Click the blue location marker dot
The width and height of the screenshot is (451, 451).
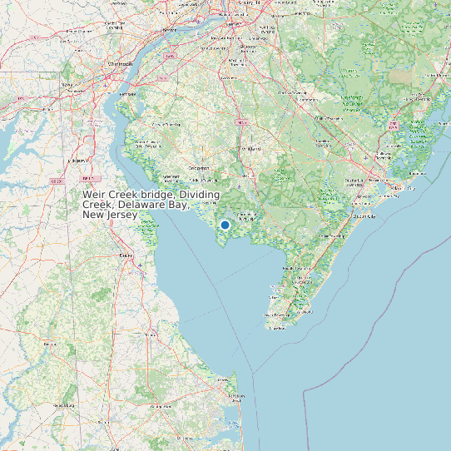point(225,225)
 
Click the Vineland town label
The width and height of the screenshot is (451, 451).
point(250,149)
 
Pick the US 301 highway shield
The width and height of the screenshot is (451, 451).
point(57,181)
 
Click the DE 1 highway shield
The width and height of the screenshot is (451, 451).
point(87,178)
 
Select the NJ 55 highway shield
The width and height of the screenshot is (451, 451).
point(242,122)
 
